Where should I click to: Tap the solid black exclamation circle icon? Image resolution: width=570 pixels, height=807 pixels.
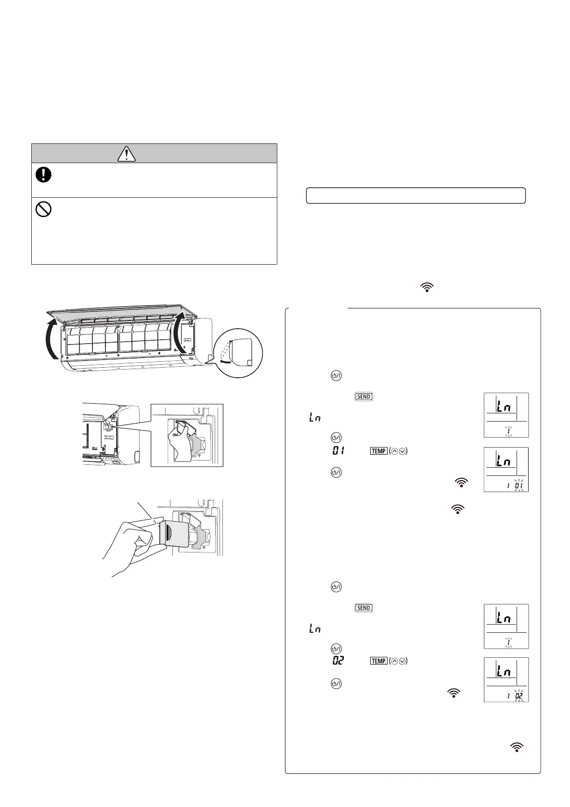[x=43, y=175]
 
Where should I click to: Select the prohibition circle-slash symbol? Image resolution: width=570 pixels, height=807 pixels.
[x=43, y=209]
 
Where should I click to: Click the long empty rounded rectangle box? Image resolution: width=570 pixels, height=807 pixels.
[x=415, y=196]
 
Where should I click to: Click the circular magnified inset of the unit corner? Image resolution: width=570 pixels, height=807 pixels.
[x=239, y=353]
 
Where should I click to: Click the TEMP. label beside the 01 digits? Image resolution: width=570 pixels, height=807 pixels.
[x=378, y=451]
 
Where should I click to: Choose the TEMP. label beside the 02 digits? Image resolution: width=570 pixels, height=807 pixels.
[x=378, y=661]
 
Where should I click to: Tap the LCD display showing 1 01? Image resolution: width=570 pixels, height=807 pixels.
[x=506, y=469]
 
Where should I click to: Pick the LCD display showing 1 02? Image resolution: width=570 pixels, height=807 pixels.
[x=506, y=679]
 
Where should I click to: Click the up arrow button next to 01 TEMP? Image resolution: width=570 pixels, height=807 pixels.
[x=394, y=451]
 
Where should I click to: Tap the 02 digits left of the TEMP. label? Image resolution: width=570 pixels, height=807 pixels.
[x=338, y=661]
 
